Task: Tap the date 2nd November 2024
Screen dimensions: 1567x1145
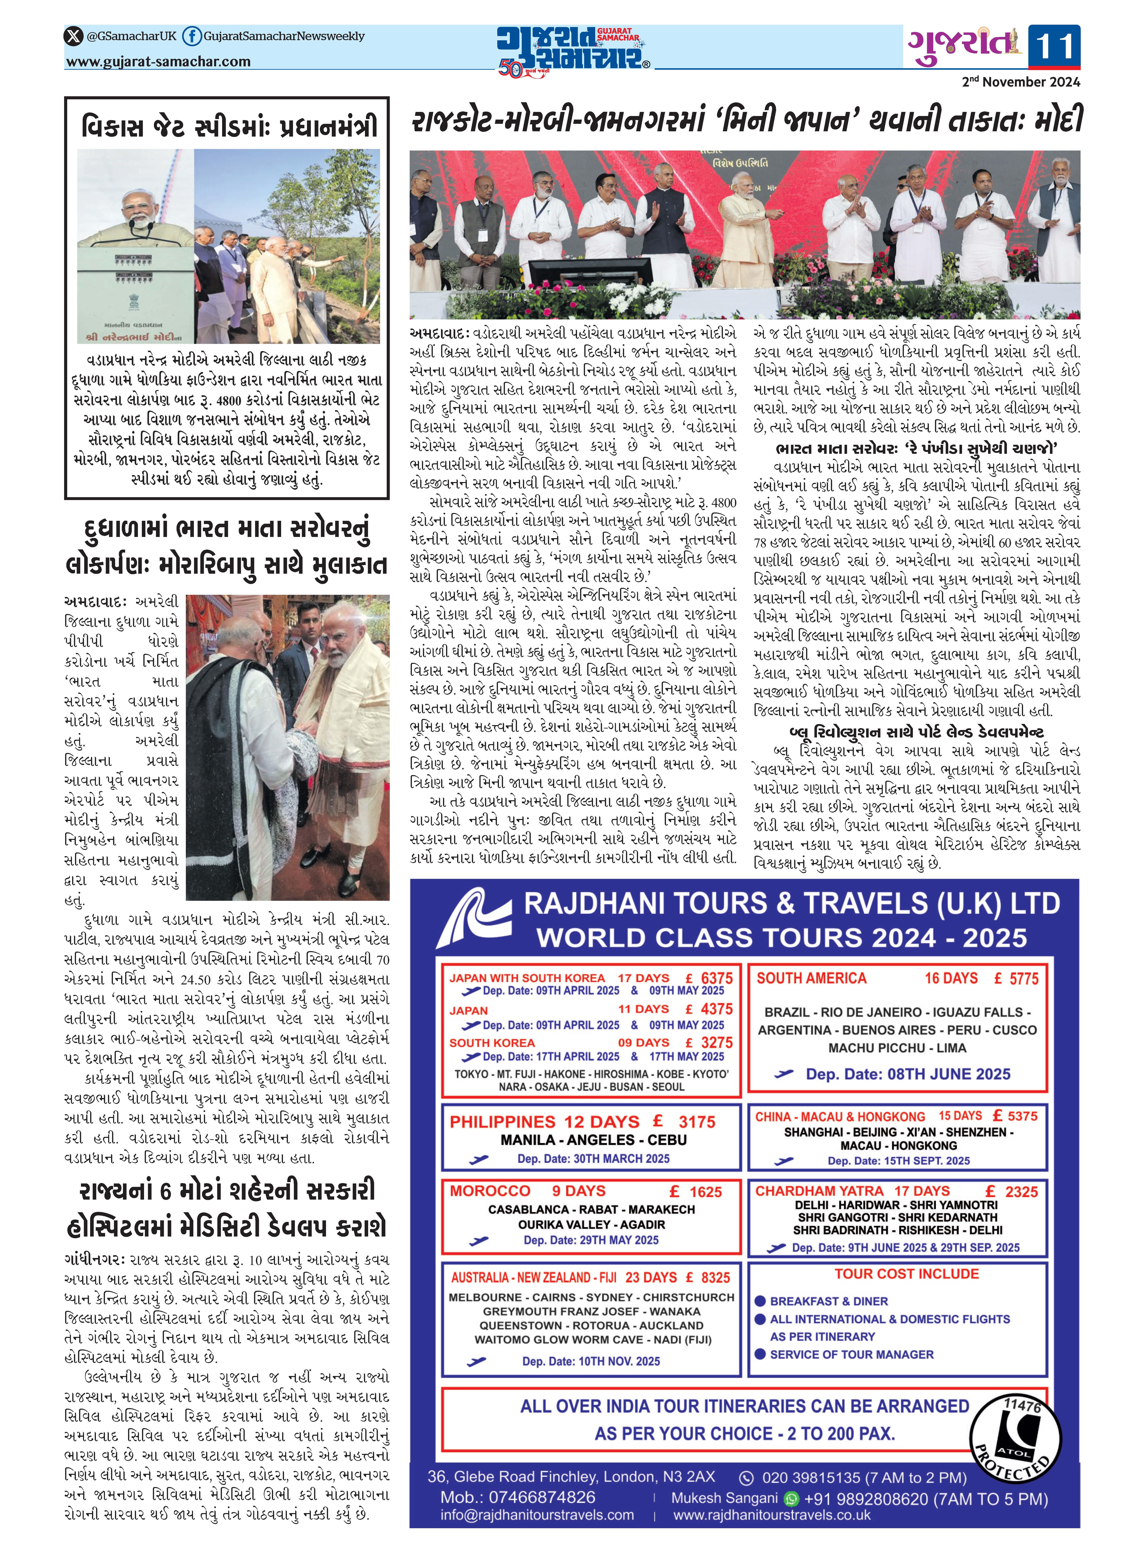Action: pos(1020,82)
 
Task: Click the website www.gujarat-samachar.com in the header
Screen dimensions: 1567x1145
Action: pos(158,62)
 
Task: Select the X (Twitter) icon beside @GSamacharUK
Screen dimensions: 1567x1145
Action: pos(73,36)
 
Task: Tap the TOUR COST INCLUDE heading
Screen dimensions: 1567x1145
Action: pos(907,1274)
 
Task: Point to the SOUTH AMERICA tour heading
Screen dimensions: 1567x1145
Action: pos(811,979)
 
